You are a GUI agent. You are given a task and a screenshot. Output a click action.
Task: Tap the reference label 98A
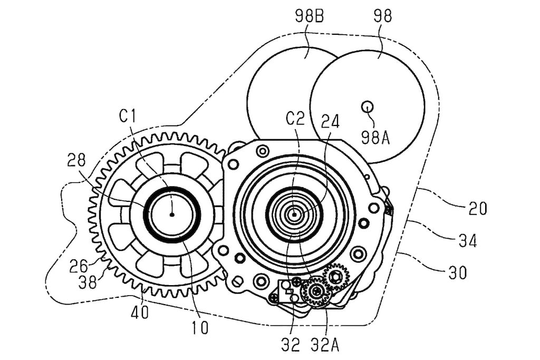375,138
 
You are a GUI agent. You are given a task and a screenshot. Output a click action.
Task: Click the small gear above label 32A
316,292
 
